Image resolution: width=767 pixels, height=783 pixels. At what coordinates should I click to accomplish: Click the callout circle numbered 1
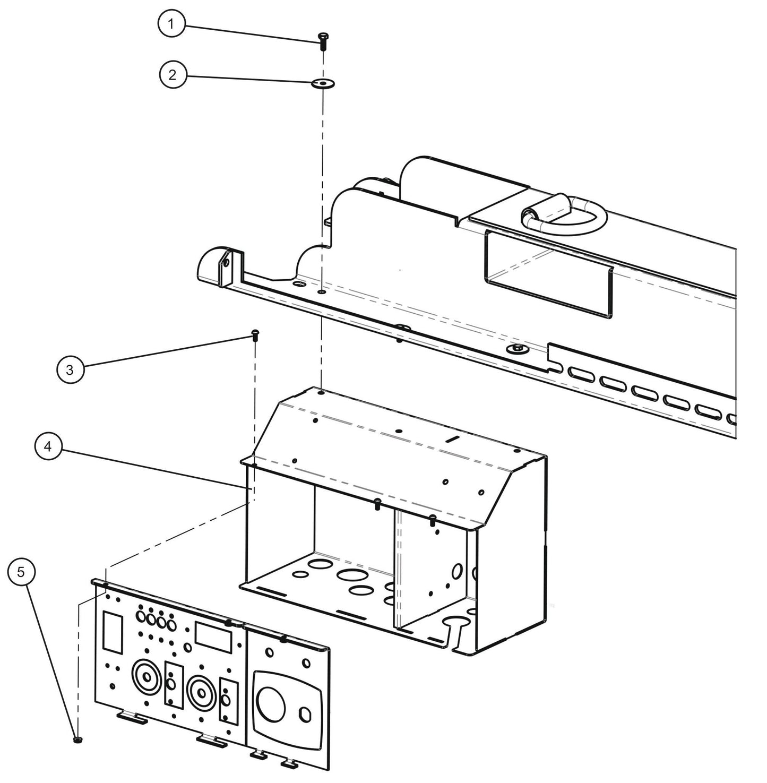coord(171,24)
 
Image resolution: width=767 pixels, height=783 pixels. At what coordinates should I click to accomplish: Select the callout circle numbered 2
coord(173,75)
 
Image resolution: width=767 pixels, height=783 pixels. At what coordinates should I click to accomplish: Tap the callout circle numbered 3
coord(70,369)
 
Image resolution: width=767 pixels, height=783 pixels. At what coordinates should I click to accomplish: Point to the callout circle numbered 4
coord(48,447)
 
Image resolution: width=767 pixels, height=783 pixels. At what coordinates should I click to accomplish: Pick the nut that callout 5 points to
coord(77,739)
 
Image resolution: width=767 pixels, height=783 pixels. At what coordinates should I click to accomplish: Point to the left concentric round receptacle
coord(144,677)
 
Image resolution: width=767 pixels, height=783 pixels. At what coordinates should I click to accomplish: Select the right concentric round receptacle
coord(201,693)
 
